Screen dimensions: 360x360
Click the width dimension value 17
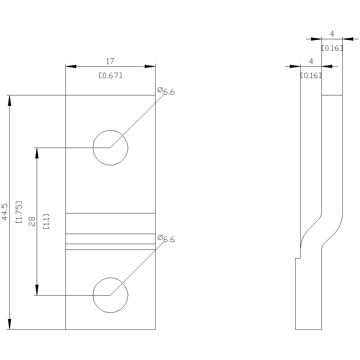pyautogui.click(x=110, y=61)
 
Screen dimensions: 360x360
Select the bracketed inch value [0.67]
pyautogui.click(x=110, y=76)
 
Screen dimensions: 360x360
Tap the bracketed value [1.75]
pyautogui.click(x=19, y=212)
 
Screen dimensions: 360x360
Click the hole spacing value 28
pyautogui.click(x=32, y=221)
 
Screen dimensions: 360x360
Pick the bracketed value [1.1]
pyautogui.click(x=46, y=221)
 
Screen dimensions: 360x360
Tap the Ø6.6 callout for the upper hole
pyautogui.click(x=166, y=91)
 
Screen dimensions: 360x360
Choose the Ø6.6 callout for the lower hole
pyautogui.click(x=166, y=238)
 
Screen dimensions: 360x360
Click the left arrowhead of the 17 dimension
pyautogui.click(x=71, y=66)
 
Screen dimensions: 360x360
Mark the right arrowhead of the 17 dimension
pyautogui.click(x=150, y=66)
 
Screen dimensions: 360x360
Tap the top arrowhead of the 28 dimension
pyautogui.click(x=37, y=153)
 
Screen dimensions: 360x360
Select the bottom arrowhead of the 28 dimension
pyautogui.click(x=37, y=290)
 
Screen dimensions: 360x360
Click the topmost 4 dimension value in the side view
pyautogui.click(x=332, y=34)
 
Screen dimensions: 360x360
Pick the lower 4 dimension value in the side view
pyautogui.click(x=311, y=61)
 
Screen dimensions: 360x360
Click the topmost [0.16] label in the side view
pyautogui.click(x=332, y=48)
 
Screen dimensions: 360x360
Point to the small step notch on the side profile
pyautogui.click(x=298, y=258)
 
